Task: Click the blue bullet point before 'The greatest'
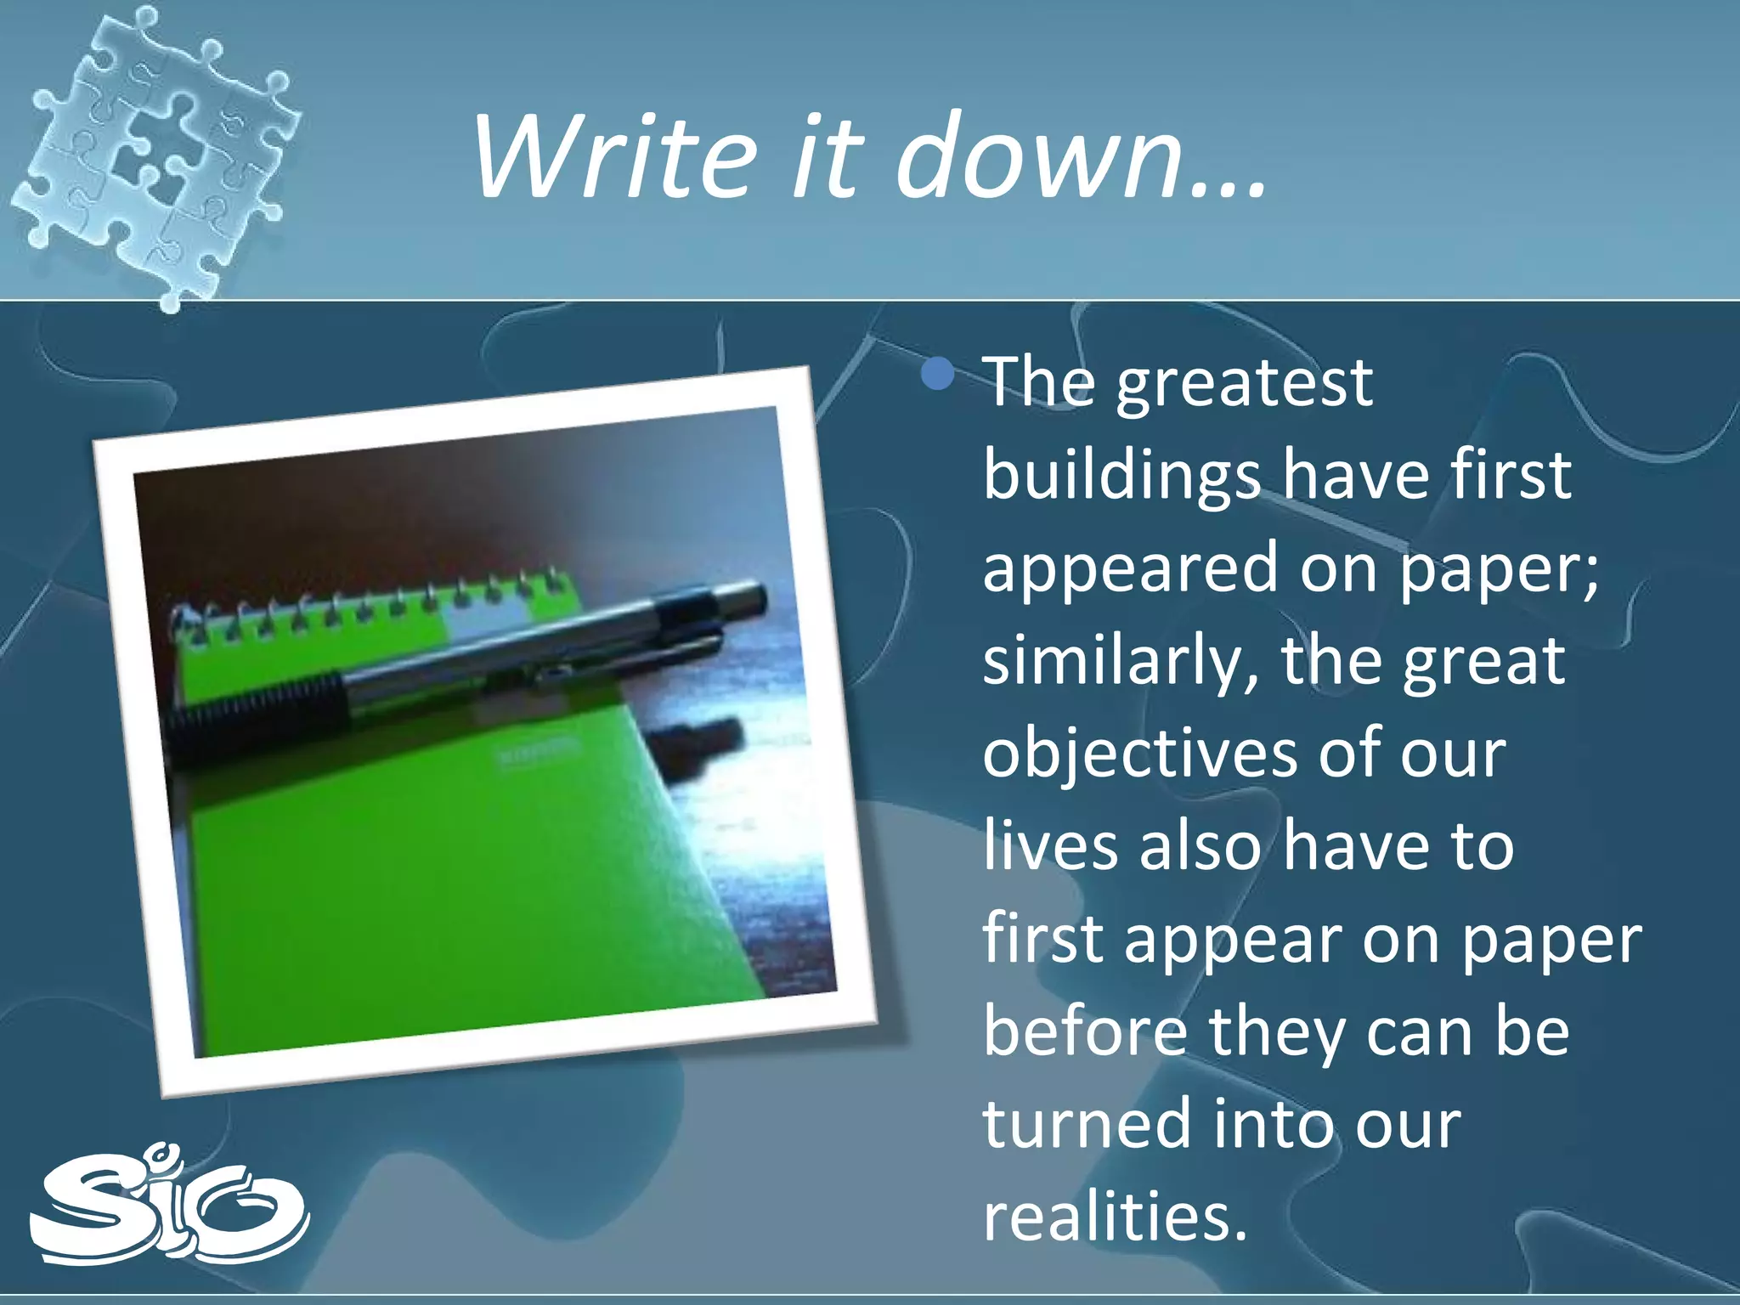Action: coord(938,373)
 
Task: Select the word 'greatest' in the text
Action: coord(1244,384)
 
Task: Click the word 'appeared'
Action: coord(1130,569)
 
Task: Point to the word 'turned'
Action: coord(1087,1125)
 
